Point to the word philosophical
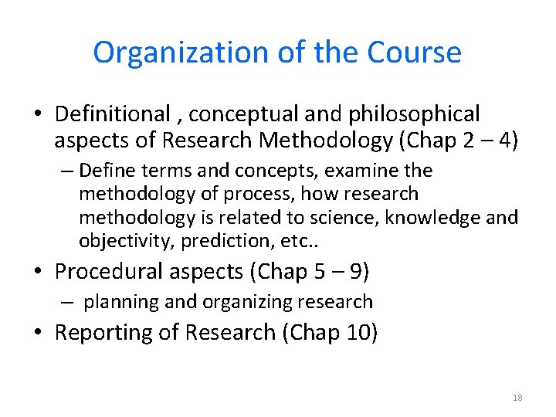coord(415,114)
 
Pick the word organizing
coord(236,302)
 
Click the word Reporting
coord(105,333)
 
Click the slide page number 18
coord(517,398)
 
